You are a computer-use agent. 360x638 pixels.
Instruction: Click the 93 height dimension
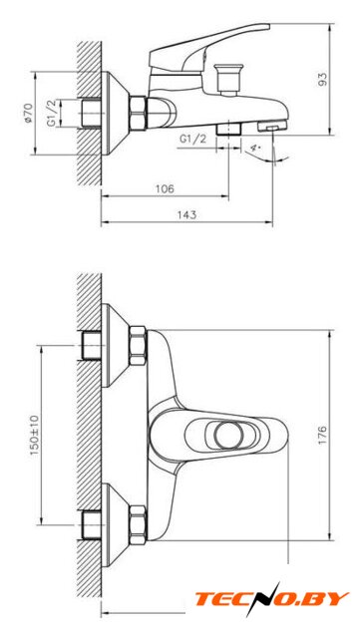(x=322, y=80)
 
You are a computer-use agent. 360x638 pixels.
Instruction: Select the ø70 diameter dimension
(x=28, y=113)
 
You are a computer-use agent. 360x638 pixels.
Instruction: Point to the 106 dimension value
(x=165, y=188)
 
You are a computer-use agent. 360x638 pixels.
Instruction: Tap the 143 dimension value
(x=186, y=215)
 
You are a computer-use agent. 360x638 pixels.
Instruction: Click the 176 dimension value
(x=322, y=435)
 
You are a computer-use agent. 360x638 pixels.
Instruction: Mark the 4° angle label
(x=255, y=148)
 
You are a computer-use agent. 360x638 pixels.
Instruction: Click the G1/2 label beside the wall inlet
(x=51, y=113)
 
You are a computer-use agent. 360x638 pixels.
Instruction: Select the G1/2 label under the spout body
(x=192, y=139)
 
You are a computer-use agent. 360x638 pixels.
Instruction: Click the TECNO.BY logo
(x=272, y=598)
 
